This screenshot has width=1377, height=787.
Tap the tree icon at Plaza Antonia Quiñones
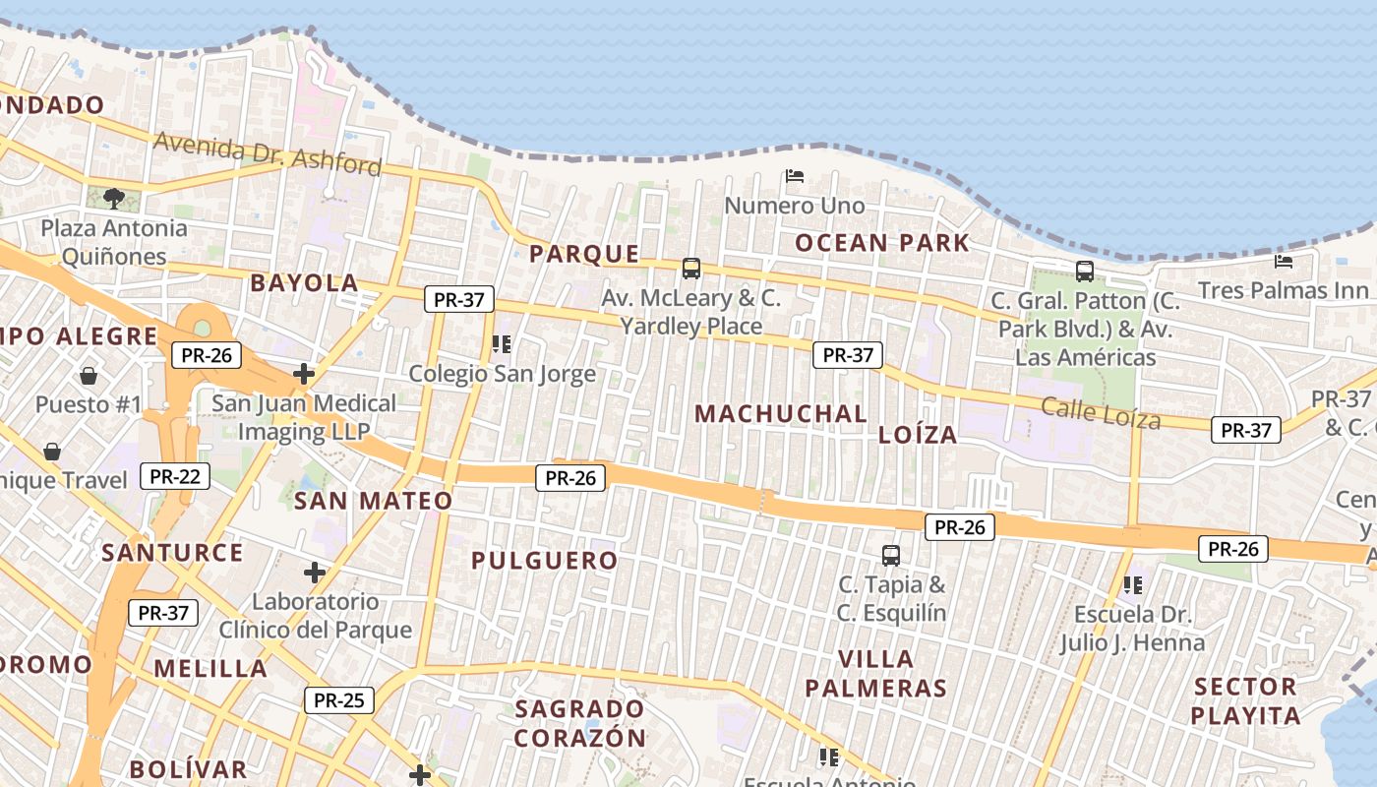114,198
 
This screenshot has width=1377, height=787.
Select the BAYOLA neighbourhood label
304,283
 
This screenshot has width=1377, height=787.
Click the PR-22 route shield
175,477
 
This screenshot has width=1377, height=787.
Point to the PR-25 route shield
339,700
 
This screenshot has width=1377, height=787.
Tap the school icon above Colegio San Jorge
502,344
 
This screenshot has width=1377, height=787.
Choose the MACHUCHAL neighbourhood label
781,414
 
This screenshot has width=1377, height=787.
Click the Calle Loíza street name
1101,414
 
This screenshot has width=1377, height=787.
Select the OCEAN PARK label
882,243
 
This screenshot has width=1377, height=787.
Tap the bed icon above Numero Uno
795,176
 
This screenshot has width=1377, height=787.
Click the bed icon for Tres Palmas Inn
1283,261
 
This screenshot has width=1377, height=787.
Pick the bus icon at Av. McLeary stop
691,268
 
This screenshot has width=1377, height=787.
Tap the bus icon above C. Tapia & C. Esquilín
891,555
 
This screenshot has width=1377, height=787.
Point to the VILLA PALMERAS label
875,673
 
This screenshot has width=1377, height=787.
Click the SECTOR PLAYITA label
1246,700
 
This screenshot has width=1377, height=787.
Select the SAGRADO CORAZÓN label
580,722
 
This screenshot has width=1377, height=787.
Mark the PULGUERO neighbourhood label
544,561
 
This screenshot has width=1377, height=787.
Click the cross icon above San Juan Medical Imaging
304,374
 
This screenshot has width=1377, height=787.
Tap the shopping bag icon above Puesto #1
89,376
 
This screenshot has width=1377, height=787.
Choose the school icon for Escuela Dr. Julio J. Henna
1133,585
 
